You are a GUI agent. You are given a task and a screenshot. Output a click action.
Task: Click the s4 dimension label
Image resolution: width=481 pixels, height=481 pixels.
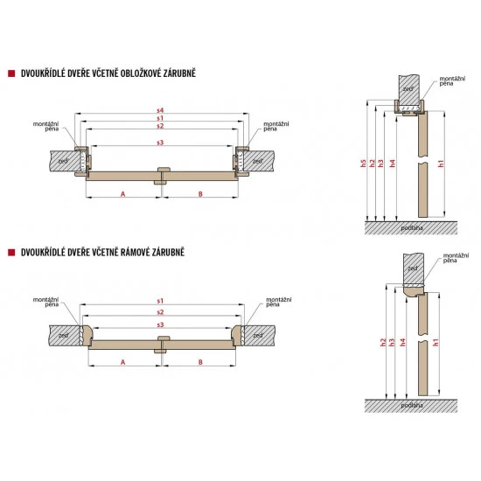tap(160, 110)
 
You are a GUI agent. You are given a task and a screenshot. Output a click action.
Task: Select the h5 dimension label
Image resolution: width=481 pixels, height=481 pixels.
tap(364, 164)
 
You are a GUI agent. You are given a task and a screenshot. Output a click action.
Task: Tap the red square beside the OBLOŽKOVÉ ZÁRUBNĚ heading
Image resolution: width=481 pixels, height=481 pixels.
tap(11, 73)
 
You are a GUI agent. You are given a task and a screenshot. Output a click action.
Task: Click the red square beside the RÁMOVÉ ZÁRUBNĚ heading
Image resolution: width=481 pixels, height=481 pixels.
tap(11, 253)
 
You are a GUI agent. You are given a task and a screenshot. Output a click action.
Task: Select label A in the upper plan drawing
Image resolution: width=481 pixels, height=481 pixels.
tap(123, 194)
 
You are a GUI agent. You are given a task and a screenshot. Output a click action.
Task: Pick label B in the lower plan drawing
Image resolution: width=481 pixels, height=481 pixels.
tap(200, 362)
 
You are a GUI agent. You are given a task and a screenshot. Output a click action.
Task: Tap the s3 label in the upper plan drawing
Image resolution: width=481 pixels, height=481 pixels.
tap(160, 143)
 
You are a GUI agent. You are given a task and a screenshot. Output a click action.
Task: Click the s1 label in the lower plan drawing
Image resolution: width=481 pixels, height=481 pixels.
tap(160, 301)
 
